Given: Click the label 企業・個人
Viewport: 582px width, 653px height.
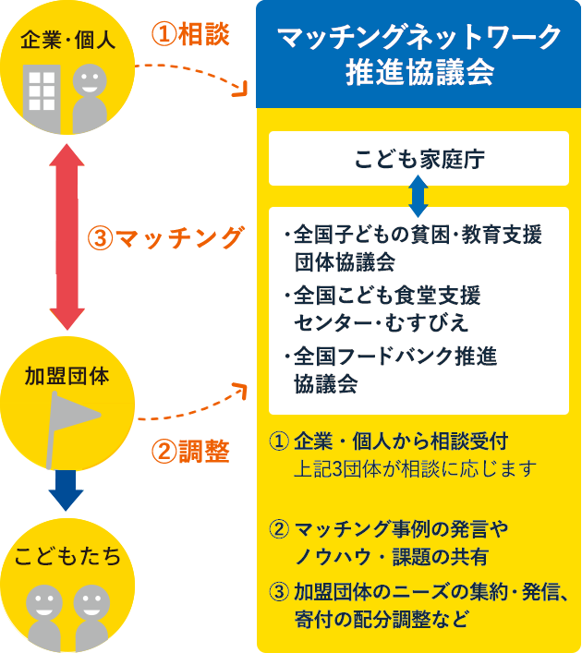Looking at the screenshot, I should pyautogui.click(x=67, y=42).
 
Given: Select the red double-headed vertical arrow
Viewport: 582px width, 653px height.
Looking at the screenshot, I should pyautogui.click(x=67, y=231).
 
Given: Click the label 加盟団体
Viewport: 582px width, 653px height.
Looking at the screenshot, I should pyautogui.click(x=67, y=376).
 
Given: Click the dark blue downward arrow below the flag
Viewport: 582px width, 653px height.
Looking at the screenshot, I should pyautogui.click(x=67, y=490).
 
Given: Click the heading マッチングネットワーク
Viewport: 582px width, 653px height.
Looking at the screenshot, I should pyautogui.click(x=418, y=38).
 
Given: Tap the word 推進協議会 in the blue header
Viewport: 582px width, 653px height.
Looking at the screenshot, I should pyautogui.click(x=418, y=74).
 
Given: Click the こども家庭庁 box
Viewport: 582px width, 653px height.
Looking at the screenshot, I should pyautogui.click(x=418, y=158).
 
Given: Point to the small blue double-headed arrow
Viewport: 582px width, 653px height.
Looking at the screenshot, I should pyautogui.click(x=418, y=196).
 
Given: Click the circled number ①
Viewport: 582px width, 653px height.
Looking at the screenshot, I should pyautogui.click(x=277, y=439).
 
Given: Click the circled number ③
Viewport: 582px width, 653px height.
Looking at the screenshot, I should pyautogui.click(x=277, y=591).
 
